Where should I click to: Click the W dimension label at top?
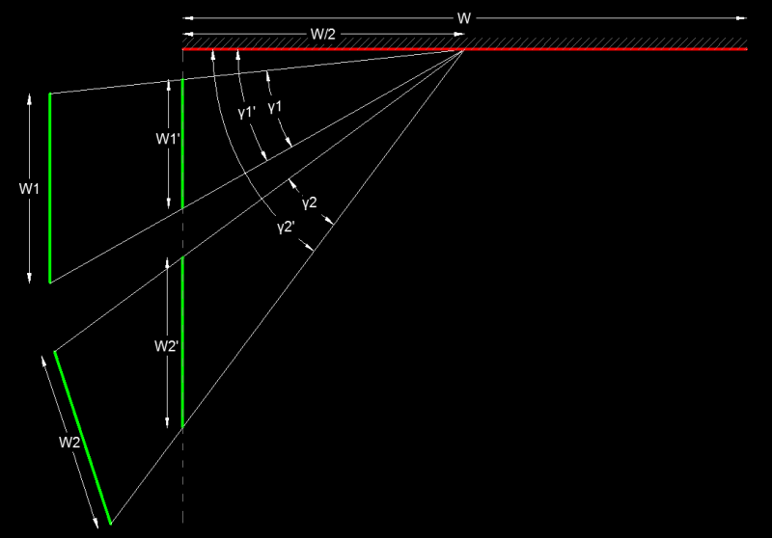pyautogui.click(x=464, y=18)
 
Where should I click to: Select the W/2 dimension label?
pyautogui.click(x=323, y=35)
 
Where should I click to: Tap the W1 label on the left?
pyautogui.click(x=29, y=188)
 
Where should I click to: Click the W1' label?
pyautogui.click(x=168, y=139)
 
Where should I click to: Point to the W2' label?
pyautogui.click(x=166, y=346)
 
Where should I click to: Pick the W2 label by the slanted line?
pyautogui.click(x=69, y=443)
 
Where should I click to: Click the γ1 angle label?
pyautogui.click(x=275, y=107)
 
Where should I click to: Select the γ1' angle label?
pyautogui.click(x=247, y=113)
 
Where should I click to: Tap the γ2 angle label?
pyautogui.click(x=310, y=202)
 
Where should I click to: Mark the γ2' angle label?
pyautogui.click(x=286, y=228)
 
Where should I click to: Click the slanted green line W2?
pyautogui.click(x=82, y=438)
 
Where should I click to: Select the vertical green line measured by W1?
pyautogui.click(x=50, y=188)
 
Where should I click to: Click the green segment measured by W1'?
pyautogui.click(x=182, y=144)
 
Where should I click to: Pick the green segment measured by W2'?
pyautogui.click(x=182, y=341)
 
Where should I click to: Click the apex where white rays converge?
pyautogui.click(x=463, y=50)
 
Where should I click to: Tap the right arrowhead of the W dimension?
pyautogui.click(x=741, y=18)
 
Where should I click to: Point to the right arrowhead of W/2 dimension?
pyautogui.click(x=459, y=34)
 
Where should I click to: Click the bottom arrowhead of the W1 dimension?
pyautogui.click(x=29, y=278)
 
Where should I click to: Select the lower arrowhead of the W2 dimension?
pyautogui.click(x=96, y=524)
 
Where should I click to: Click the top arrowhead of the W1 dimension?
pyautogui.click(x=29, y=98)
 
